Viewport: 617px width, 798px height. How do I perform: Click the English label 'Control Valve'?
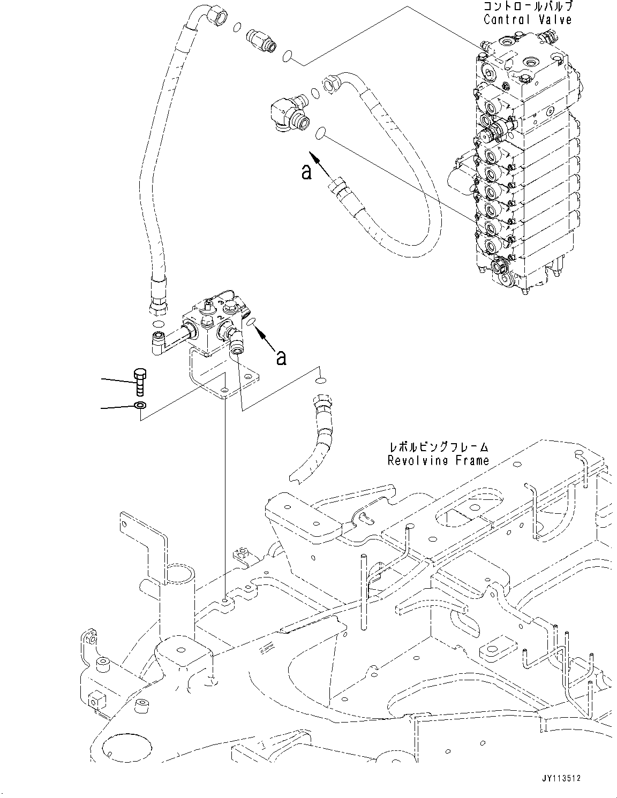(x=527, y=20)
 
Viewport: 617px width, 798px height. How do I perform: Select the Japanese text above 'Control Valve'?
(x=527, y=7)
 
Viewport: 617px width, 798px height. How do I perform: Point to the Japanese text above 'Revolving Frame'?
(x=438, y=447)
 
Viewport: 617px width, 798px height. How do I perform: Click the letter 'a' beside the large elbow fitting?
(x=306, y=172)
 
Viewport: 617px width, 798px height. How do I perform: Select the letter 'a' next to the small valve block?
(x=280, y=358)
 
